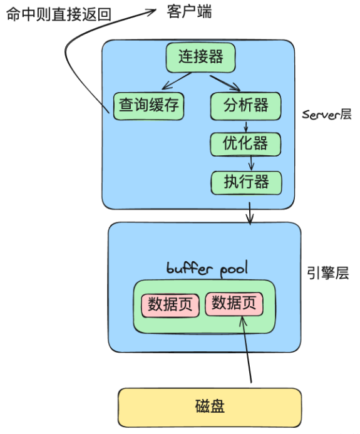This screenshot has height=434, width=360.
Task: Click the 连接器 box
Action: pyautogui.click(x=200, y=58)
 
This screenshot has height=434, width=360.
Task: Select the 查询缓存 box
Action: pyautogui.click(x=148, y=105)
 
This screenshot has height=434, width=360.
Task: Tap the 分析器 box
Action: pyautogui.click(x=245, y=105)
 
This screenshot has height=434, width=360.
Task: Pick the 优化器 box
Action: pyautogui.click(x=245, y=144)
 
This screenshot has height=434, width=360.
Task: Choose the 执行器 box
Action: pyautogui.click(x=246, y=182)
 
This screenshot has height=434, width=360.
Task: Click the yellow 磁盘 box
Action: pyautogui.click(x=210, y=406)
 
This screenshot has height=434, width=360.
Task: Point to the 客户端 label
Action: pyautogui.click(x=189, y=11)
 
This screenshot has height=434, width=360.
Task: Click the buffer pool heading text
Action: pyautogui.click(x=207, y=269)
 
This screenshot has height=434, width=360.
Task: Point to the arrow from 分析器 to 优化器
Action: pyautogui.click(x=247, y=126)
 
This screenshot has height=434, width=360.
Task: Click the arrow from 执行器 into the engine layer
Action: pyautogui.click(x=250, y=212)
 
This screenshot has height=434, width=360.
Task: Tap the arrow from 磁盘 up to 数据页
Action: pyautogui.click(x=247, y=351)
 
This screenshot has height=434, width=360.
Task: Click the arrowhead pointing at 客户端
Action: pyautogui.click(x=150, y=11)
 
